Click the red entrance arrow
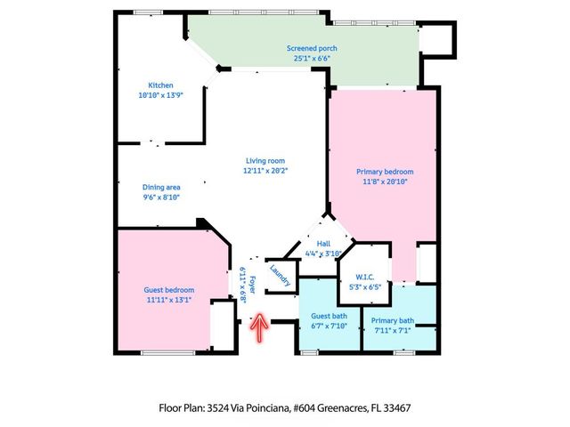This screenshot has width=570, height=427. pos(260,327)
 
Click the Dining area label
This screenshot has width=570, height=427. pos(161,187)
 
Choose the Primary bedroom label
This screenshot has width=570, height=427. pos(385,172)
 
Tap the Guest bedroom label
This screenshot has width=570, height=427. pos(168,290)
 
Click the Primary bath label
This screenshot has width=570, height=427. pos(393,321)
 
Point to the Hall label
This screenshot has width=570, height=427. pos(324,244)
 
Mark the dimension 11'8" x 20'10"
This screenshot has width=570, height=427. pos(385,181)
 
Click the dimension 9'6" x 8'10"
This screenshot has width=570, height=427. pos(161,197)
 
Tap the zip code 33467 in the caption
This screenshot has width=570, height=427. pos(395,408)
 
